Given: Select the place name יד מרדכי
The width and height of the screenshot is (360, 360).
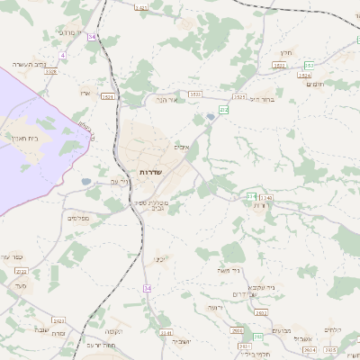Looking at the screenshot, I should (69, 32).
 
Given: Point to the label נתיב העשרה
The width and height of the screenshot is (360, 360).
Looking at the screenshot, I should (28, 65).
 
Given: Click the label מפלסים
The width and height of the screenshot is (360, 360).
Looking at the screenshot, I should (77, 217).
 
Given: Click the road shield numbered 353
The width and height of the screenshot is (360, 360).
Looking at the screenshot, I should (309, 65).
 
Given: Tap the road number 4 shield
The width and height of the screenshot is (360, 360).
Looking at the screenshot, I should (63, 55).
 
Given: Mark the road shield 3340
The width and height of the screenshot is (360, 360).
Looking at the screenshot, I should (265, 196).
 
